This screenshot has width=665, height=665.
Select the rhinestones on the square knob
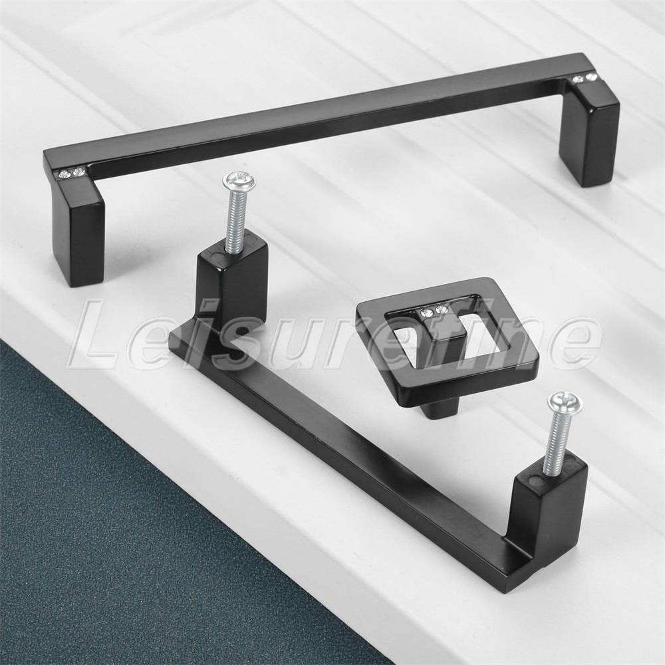coord(431,311)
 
